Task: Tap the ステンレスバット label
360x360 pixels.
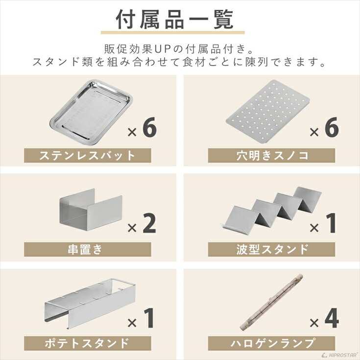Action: (87, 156)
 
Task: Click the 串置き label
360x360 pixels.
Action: (87, 249)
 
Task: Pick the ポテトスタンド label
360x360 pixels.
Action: (87, 341)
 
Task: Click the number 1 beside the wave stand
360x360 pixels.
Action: (332, 222)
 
